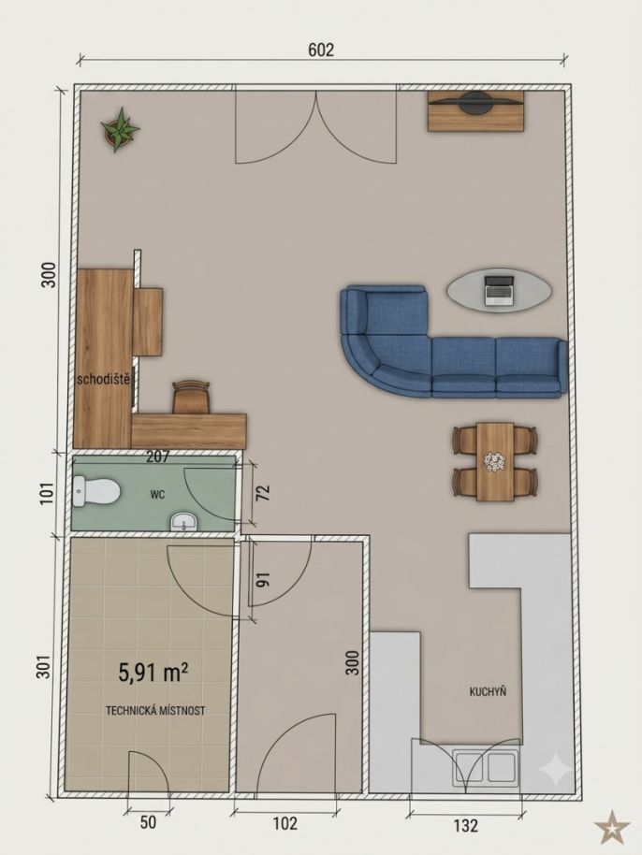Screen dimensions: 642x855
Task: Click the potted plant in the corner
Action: coord(120,130)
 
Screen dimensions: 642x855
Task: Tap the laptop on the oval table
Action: coord(499,290)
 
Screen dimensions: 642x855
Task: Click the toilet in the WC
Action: coord(96,491)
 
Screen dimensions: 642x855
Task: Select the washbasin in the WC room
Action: coord(185,522)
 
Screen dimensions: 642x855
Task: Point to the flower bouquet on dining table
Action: coord(495,461)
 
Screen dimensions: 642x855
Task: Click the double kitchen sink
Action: coord(486,768)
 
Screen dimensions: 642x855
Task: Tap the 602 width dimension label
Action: coord(321,50)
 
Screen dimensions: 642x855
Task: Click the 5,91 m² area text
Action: coord(153,673)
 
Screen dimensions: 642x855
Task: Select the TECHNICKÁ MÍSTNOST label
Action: coord(155,711)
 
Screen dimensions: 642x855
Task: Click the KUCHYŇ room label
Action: coord(489,691)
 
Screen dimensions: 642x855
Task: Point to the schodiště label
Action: coord(104,379)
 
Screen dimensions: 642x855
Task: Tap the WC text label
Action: coord(157,495)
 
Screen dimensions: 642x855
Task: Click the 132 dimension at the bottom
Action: coord(465,826)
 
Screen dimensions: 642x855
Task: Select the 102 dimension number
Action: coord(285,823)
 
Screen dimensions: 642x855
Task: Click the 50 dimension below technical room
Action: coord(148,822)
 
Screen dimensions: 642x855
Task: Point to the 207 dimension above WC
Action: coord(158,456)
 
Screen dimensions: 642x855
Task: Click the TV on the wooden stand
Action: coord(475,101)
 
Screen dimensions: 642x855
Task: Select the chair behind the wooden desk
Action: coord(191,397)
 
